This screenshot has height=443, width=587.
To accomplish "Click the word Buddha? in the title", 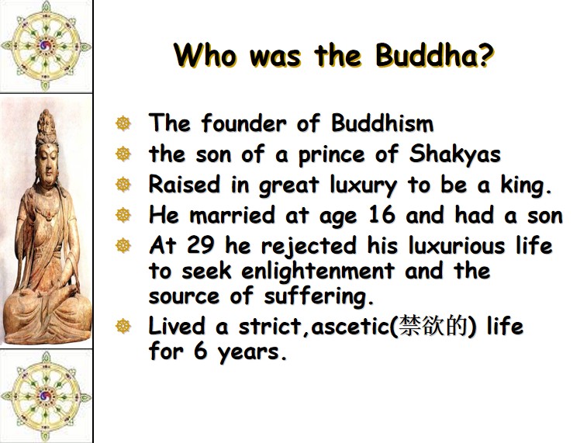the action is (434, 55).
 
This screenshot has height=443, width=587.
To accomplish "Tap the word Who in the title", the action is (205, 55).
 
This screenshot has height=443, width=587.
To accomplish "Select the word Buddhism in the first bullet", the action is (382, 123).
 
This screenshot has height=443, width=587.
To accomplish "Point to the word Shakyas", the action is (454, 154).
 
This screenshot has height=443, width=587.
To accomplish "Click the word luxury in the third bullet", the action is (363, 185).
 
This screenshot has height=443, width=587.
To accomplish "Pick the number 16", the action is (382, 215).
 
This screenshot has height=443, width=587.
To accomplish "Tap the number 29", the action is (201, 245).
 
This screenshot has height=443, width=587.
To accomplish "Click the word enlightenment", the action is (318, 271).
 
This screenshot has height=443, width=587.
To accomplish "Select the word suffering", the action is (319, 296).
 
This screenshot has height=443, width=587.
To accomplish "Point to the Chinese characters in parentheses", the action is (433, 326).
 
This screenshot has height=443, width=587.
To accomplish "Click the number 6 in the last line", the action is (201, 351).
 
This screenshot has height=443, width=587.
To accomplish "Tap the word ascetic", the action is (350, 326).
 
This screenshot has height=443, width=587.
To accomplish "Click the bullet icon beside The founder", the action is (123, 123).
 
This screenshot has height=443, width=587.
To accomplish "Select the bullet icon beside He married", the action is (123, 216).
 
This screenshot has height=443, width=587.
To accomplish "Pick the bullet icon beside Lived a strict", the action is (123, 326).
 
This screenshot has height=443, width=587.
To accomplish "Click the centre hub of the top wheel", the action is (46, 46).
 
